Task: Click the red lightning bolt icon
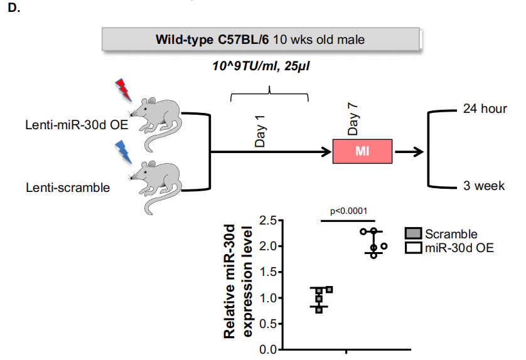pyautogui.click(x=123, y=90)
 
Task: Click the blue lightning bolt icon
pyautogui.click(x=123, y=151)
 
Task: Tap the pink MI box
pyautogui.click(x=363, y=151)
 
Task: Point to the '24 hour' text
pyautogui.click(x=485, y=109)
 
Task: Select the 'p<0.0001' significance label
pyautogui.click(x=348, y=211)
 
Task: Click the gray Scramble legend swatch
pyautogui.click(x=412, y=235)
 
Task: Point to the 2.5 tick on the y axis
pyautogui.click(x=268, y=221)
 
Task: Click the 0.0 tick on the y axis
pyautogui.click(x=268, y=349)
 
